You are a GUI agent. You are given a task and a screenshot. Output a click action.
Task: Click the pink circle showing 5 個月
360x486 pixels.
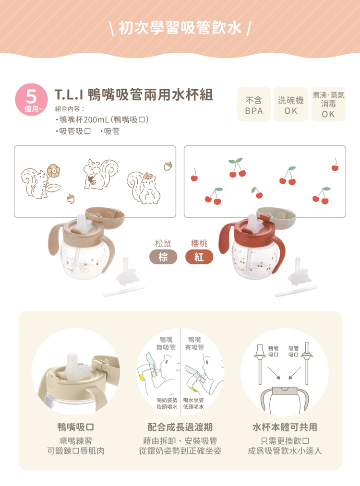tap(31, 100)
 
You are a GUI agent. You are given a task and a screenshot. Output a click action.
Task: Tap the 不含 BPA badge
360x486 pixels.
tap(253, 104)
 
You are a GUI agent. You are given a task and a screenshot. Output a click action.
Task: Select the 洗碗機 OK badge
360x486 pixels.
tap(290, 104)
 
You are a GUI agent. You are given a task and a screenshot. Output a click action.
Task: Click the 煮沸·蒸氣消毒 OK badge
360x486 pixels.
tap(328, 104)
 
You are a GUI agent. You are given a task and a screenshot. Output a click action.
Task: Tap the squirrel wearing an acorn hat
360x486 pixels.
tap(144, 188)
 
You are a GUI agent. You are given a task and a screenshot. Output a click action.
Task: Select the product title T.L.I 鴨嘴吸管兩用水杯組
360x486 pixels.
tap(133, 95)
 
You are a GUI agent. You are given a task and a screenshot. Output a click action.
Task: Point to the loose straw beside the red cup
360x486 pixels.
tap(296, 291)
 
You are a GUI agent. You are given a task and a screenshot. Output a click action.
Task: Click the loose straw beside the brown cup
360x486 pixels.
tap(123, 291)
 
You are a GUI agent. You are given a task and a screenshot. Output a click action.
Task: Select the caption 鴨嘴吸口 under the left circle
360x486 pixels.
tap(76, 427)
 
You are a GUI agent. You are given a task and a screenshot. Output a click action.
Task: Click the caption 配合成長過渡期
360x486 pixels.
tap(180, 427)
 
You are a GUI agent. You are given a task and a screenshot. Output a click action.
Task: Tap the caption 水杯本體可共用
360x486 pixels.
tap(285, 427)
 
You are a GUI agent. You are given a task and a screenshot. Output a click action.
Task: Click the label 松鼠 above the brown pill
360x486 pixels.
tap(163, 243)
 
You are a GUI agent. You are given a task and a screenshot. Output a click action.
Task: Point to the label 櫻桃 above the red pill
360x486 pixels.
tap(199, 243)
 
